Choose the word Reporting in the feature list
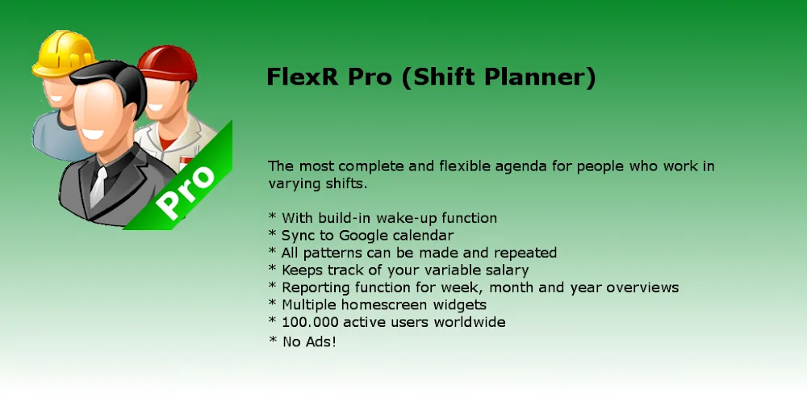click(x=314, y=287)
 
